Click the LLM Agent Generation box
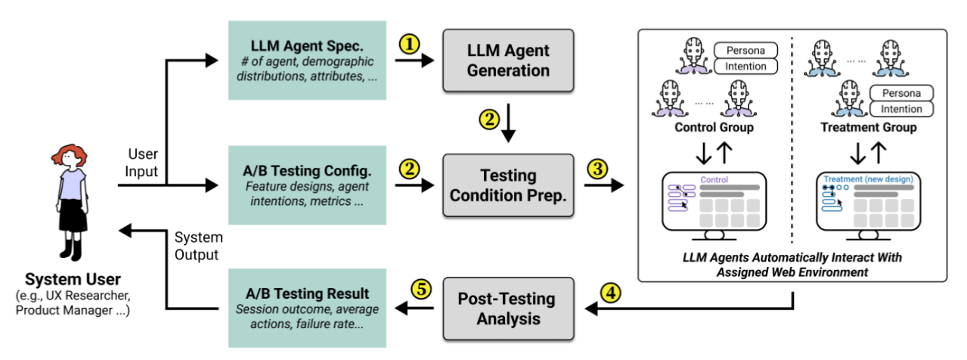point(508,61)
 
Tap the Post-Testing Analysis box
point(508,308)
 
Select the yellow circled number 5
point(420,290)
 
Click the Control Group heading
point(714,127)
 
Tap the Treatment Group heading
point(869,127)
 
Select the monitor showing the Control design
point(714,200)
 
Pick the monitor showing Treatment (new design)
point(868,200)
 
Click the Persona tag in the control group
point(745,51)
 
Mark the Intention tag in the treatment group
point(901,109)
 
